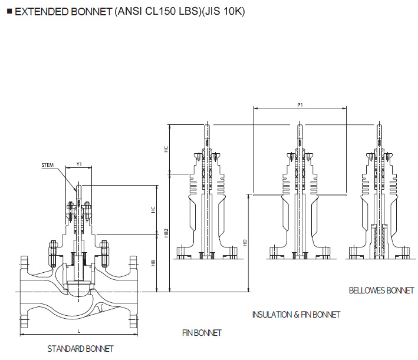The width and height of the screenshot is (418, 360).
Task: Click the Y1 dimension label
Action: point(80,165)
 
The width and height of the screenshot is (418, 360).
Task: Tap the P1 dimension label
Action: point(299,104)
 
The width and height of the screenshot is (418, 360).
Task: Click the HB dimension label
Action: point(153,263)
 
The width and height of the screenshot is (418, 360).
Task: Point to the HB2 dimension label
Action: point(166,233)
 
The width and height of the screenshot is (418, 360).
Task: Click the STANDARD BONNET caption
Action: point(80,349)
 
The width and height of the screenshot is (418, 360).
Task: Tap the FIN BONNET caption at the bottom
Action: point(202,333)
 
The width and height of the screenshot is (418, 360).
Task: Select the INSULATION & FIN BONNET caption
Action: point(296,315)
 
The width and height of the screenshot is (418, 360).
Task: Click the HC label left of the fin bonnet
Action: point(166,150)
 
